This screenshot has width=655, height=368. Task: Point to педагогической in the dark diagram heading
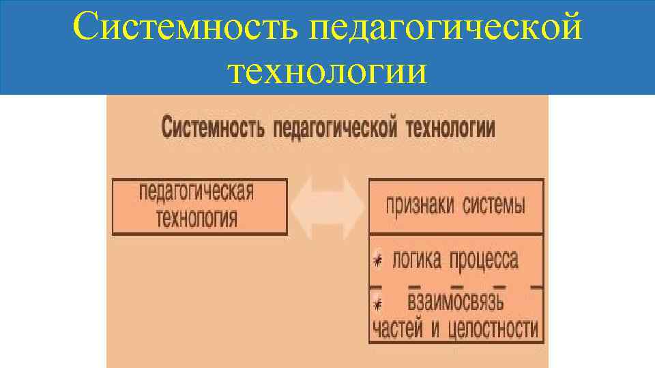tap(335, 128)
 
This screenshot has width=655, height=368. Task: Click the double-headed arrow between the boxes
tap(327, 206)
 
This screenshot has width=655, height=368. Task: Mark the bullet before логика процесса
tap(377, 260)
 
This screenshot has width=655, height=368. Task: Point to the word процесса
tap(484, 260)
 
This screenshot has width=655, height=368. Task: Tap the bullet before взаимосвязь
tap(377, 304)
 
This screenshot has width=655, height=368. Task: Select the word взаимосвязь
tap(456, 301)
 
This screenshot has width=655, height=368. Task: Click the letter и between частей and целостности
tap(435, 330)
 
